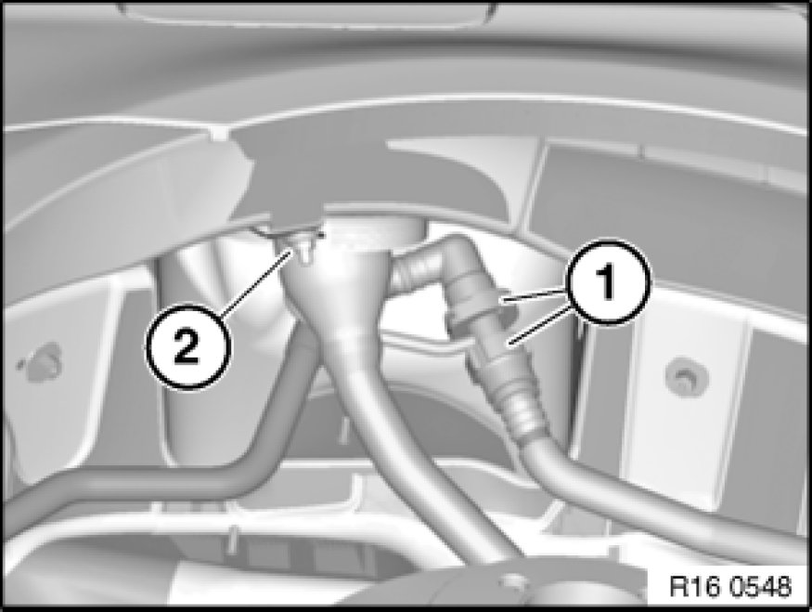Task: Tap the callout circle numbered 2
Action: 187,346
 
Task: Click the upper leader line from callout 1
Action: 534,295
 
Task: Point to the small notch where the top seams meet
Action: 219,133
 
